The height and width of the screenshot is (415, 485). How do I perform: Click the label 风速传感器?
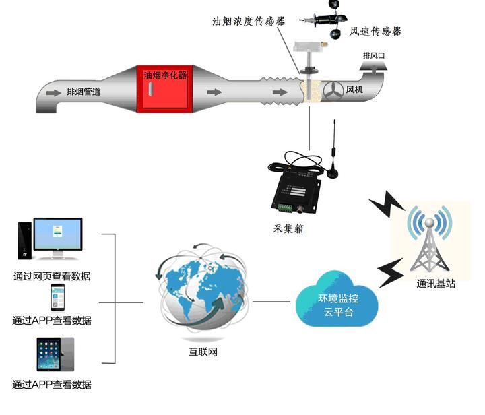(376, 31)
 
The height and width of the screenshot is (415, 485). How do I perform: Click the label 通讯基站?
(435, 284)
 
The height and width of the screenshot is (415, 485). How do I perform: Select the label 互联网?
(203, 352)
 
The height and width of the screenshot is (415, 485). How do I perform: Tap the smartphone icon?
(57, 298)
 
